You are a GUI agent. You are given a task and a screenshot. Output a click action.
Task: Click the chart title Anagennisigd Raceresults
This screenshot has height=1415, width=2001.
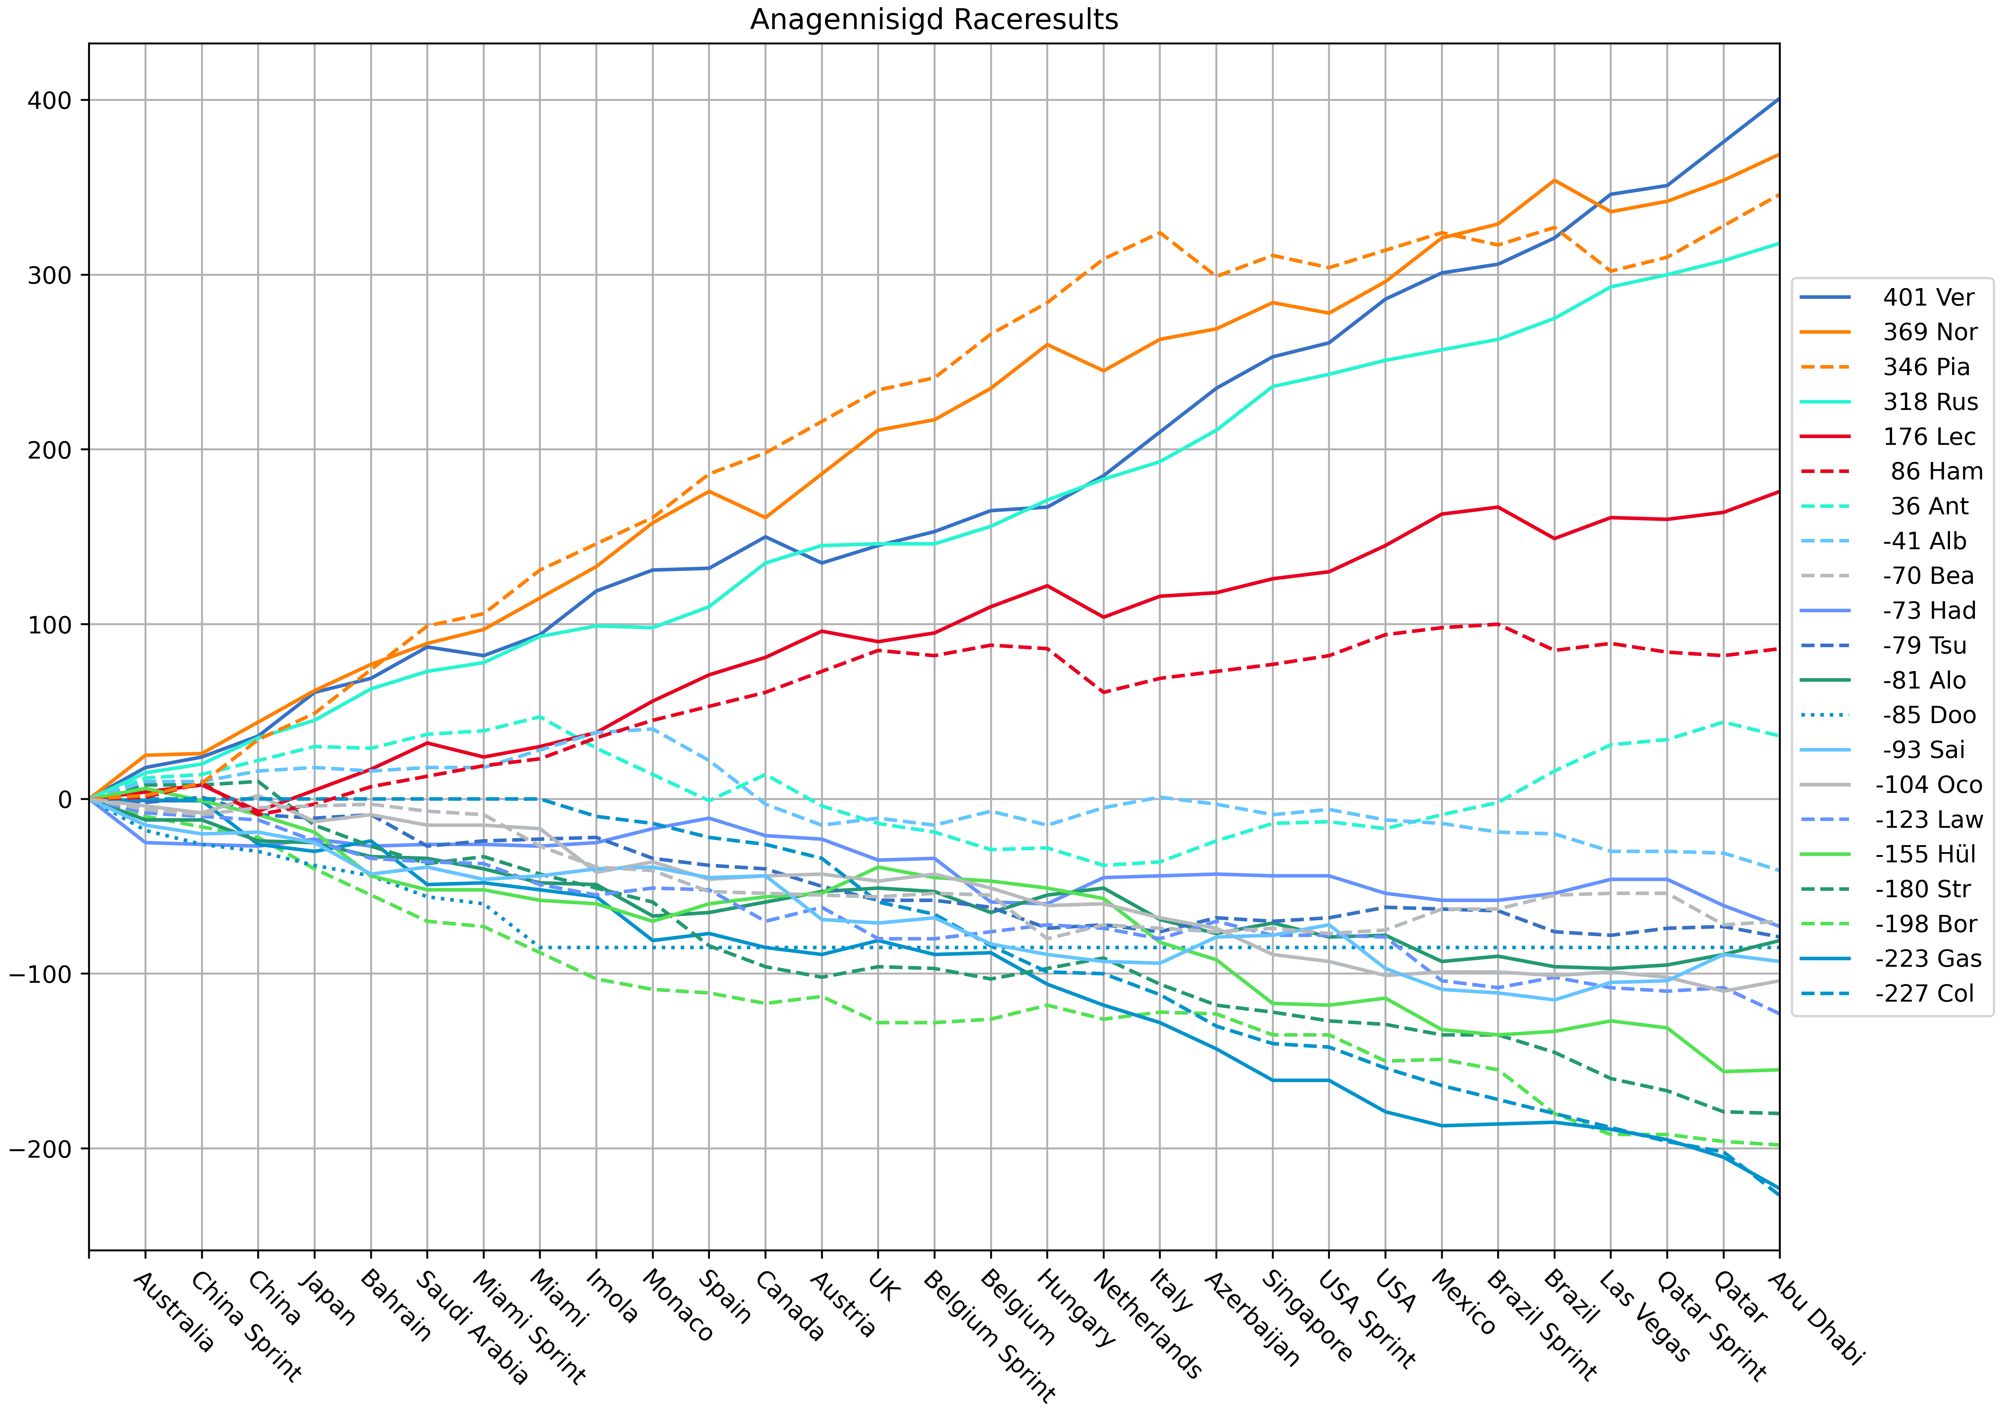click(x=933, y=19)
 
